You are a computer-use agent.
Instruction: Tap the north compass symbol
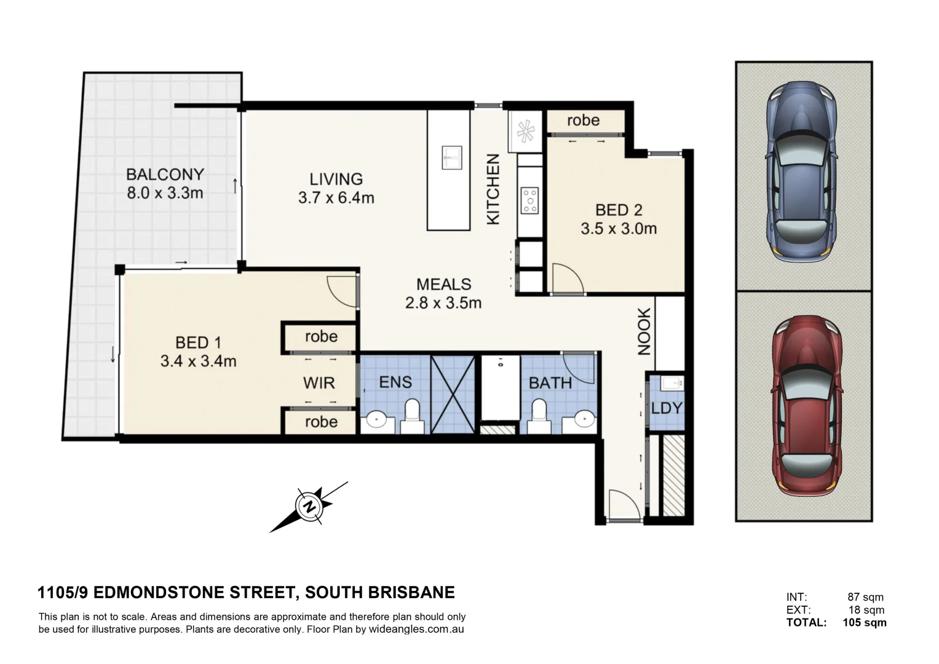(309, 507)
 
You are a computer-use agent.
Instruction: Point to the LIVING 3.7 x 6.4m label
(336, 188)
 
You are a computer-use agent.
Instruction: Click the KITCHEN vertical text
(493, 189)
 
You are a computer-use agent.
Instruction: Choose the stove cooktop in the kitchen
(529, 200)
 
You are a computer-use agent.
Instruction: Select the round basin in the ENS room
(374, 421)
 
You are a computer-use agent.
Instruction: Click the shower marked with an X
(453, 394)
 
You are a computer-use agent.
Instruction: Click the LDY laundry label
(667, 408)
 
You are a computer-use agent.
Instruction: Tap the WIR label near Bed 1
(319, 383)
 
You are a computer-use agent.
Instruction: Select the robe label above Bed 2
(583, 121)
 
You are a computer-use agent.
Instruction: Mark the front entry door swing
(622, 505)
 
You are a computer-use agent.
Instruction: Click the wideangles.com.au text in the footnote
(416, 630)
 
